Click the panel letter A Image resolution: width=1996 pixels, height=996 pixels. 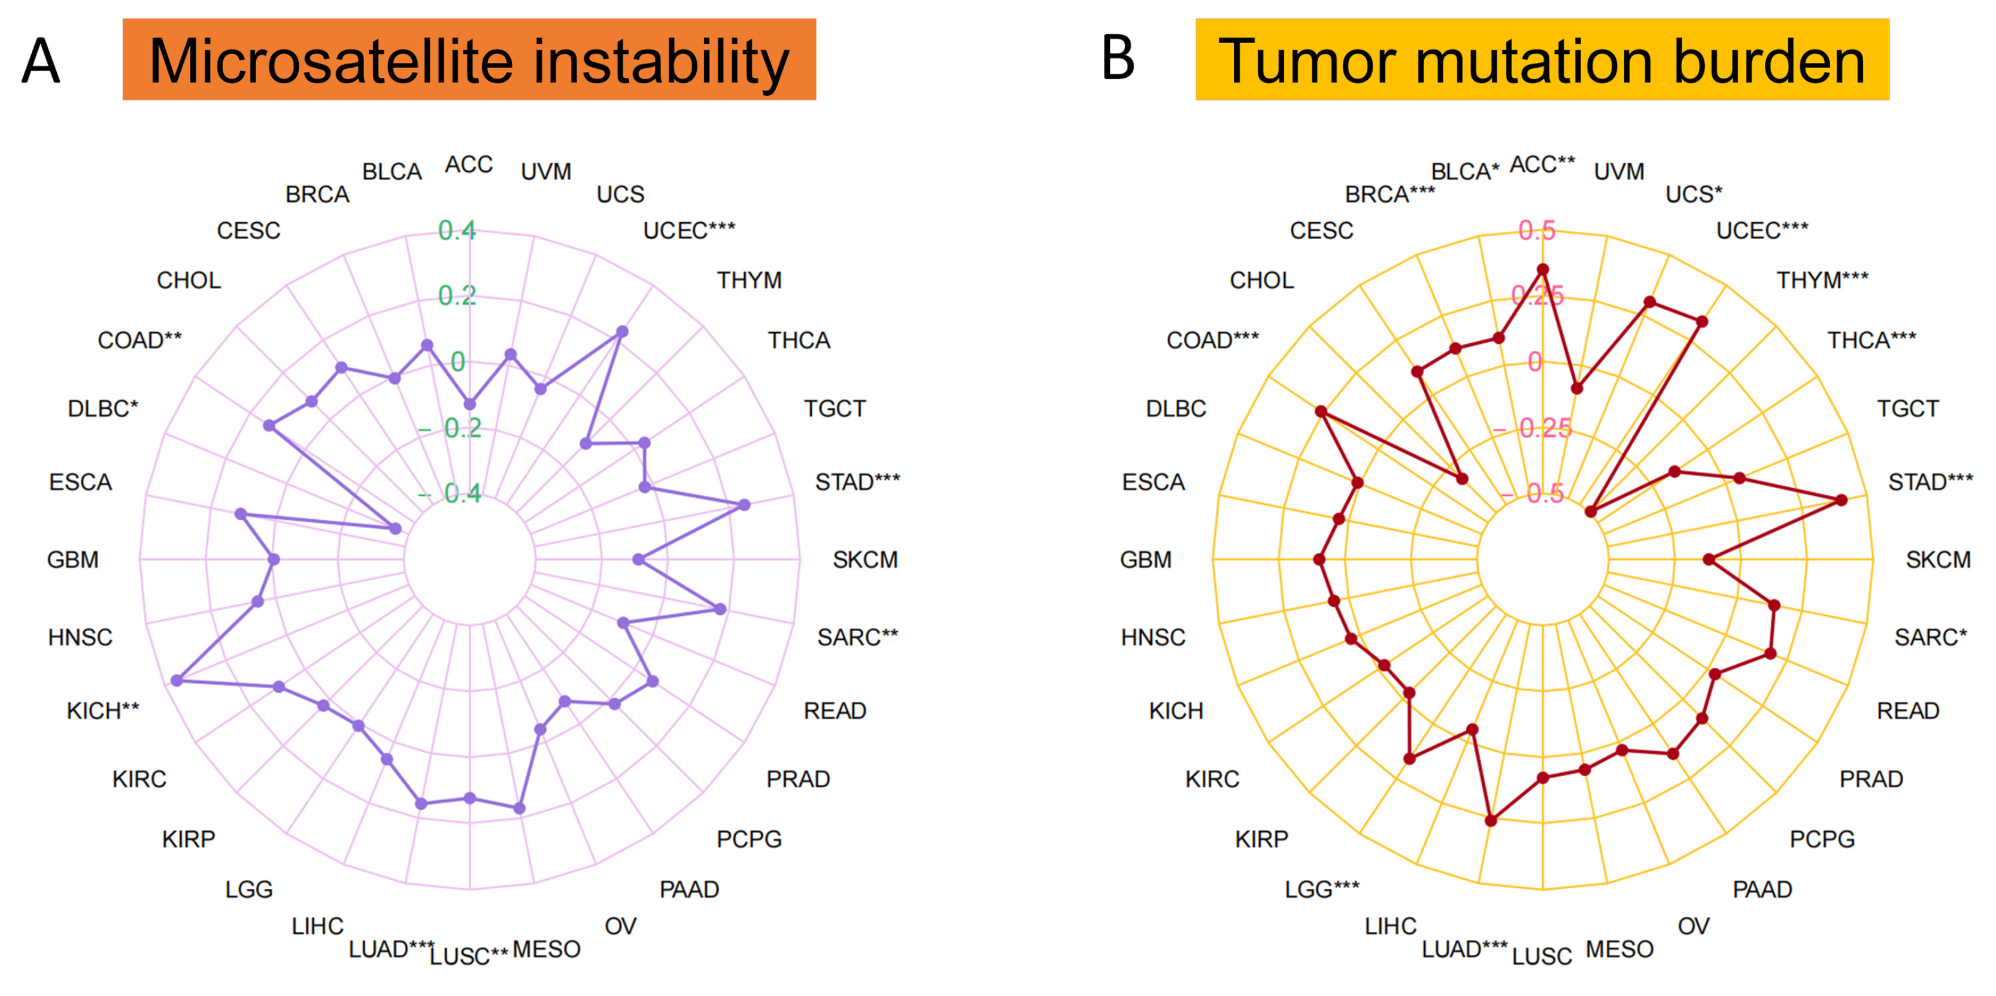(x=40, y=60)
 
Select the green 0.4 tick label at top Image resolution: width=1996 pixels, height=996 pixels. (x=457, y=230)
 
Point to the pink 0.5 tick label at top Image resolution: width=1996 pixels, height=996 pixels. (x=1537, y=230)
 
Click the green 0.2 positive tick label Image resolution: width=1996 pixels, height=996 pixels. (x=457, y=295)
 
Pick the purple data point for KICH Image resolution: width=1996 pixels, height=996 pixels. (x=177, y=680)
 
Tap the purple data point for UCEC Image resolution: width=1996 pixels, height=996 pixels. (x=622, y=332)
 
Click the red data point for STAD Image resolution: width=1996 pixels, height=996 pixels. (x=1842, y=500)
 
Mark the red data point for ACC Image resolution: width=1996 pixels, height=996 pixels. (x=1543, y=270)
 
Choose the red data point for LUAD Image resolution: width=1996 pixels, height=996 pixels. (x=1491, y=820)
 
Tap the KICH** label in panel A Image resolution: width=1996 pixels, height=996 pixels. (x=103, y=711)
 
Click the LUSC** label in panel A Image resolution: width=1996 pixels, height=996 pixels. (x=469, y=956)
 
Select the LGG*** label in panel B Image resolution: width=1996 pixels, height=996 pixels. (x=1322, y=889)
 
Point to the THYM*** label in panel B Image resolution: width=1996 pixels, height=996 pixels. (x=1822, y=280)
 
